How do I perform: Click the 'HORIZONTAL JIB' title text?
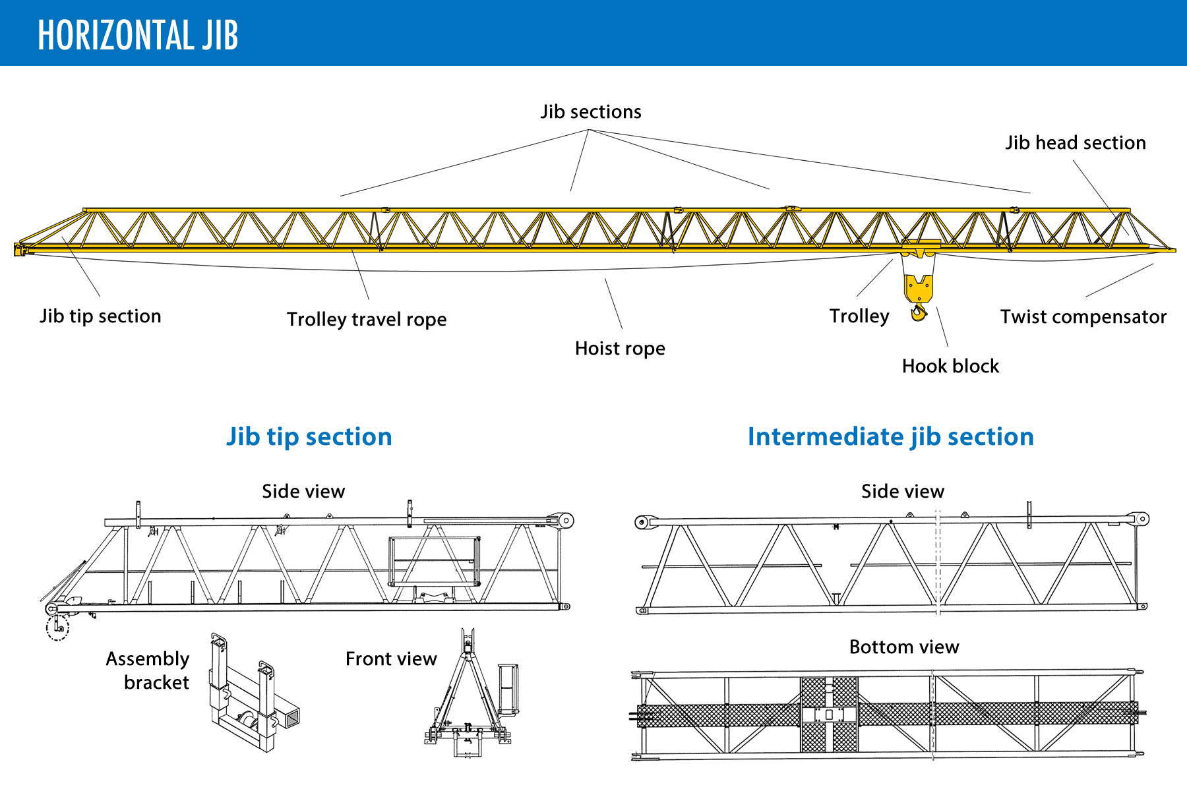click(138, 35)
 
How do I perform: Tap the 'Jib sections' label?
click(591, 112)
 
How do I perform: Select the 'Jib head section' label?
click(1075, 143)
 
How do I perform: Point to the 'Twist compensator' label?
click(1083, 317)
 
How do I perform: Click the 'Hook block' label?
click(950, 366)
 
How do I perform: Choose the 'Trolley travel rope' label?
click(367, 320)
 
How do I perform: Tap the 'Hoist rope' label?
click(620, 349)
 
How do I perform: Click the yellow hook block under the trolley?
click(918, 290)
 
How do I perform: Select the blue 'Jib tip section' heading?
click(309, 437)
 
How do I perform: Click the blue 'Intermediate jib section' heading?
click(890, 437)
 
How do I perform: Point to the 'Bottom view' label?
click(903, 647)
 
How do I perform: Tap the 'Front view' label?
click(391, 659)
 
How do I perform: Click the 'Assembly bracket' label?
click(149, 670)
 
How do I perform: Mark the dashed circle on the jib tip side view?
click(57, 628)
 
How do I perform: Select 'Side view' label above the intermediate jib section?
click(902, 492)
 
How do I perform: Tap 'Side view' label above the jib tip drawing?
click(303, 492)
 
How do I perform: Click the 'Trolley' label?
click(859, 316)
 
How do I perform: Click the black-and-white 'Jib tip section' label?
click(100, 316)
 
